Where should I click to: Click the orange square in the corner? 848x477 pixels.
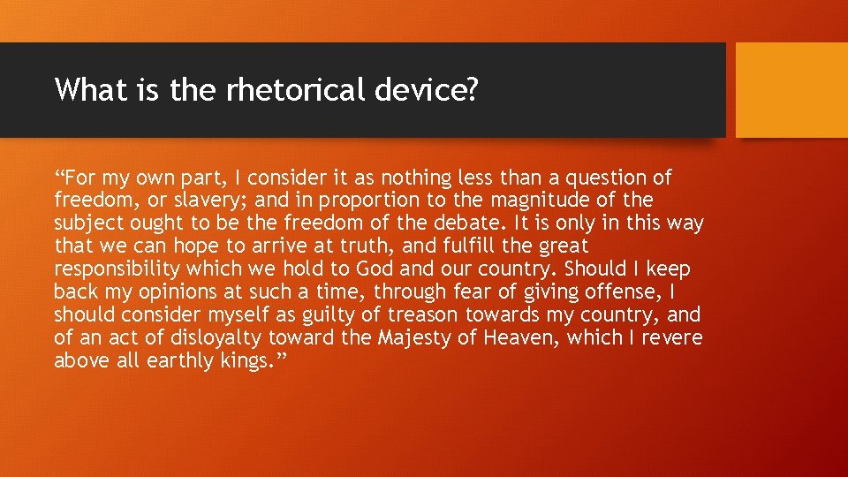(791, 90)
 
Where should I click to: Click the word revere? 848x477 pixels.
(670, 338)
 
